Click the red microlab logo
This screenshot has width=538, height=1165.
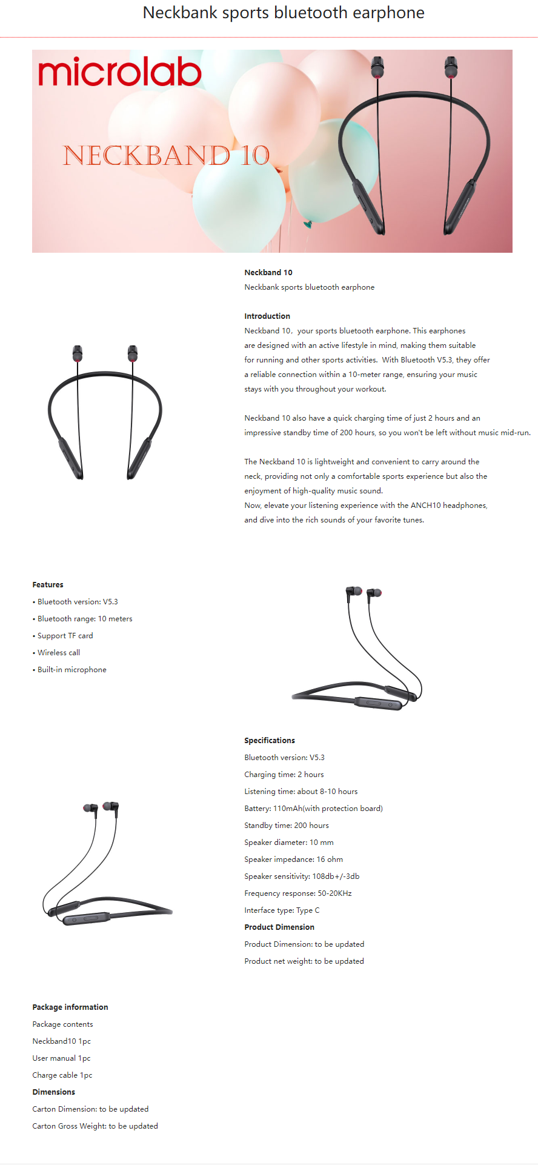pyautogui.click(x=120, y=72)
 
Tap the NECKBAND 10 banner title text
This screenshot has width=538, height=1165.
pyautogui.click(x=166, y=156)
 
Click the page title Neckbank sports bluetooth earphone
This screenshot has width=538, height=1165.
pyautogui.click(x=284, y=13)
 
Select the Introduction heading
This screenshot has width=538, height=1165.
pyautogui.click(x=267, y=316)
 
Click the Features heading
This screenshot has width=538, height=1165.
pyautogui.click(x=48, y=585)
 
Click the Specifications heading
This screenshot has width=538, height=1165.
pyautogui.click(x=270, y=741)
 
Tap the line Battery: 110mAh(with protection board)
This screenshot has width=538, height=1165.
pyautogui.click(x=313, y=809)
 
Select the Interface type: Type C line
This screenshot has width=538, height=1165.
pyautogui.click(x=282, y=910)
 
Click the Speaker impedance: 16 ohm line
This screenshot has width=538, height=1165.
pyautogui.click(x=293, y=860)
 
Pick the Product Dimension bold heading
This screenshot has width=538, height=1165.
pyautogui.click(x=279, y=927)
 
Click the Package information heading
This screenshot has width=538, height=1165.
pyautogui.click(x=70, y=1007)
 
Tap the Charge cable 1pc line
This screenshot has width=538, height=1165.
pyautogui.click(x=62, y=1075)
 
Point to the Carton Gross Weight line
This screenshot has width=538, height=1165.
pyautogui.click(x=95, y=1126)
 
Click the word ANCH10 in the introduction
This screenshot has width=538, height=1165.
pyautogui.click(x=425, y=506)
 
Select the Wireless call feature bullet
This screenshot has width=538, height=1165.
pyautogui.click(x=58, y=653)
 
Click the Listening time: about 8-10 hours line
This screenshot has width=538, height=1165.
pyautogui.click(x=301, y=792)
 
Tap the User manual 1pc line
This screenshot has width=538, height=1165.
pyautogui.click(x=61, y=1058)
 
